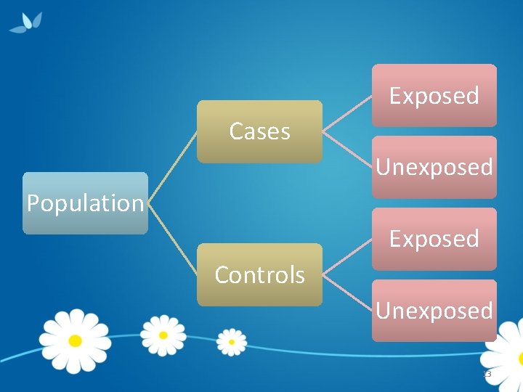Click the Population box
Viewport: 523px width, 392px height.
click(85, 203)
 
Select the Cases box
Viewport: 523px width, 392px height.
click(259, 131)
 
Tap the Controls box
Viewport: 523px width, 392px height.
click(259, 275)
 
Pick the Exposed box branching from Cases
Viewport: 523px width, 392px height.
click(434, 96)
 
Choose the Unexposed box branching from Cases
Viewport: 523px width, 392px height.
click(434, 167)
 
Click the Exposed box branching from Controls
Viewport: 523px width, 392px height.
click(434, 239)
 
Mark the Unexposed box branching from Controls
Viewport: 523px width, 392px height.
click(434, 311)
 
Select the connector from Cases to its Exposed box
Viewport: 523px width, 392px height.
click(347, 113)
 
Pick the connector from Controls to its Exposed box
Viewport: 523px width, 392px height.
click(347, 257)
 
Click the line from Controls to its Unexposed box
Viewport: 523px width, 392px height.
click(347, 293)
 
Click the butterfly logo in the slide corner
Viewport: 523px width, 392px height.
click(26, 23)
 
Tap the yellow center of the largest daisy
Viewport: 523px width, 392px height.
click(75, 340)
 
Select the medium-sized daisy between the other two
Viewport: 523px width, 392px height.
click(163, 335)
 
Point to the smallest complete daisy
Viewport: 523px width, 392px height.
click(232, 341)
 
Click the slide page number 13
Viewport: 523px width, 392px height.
click(487, 374)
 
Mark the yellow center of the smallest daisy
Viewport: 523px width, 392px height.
click(232, 341)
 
